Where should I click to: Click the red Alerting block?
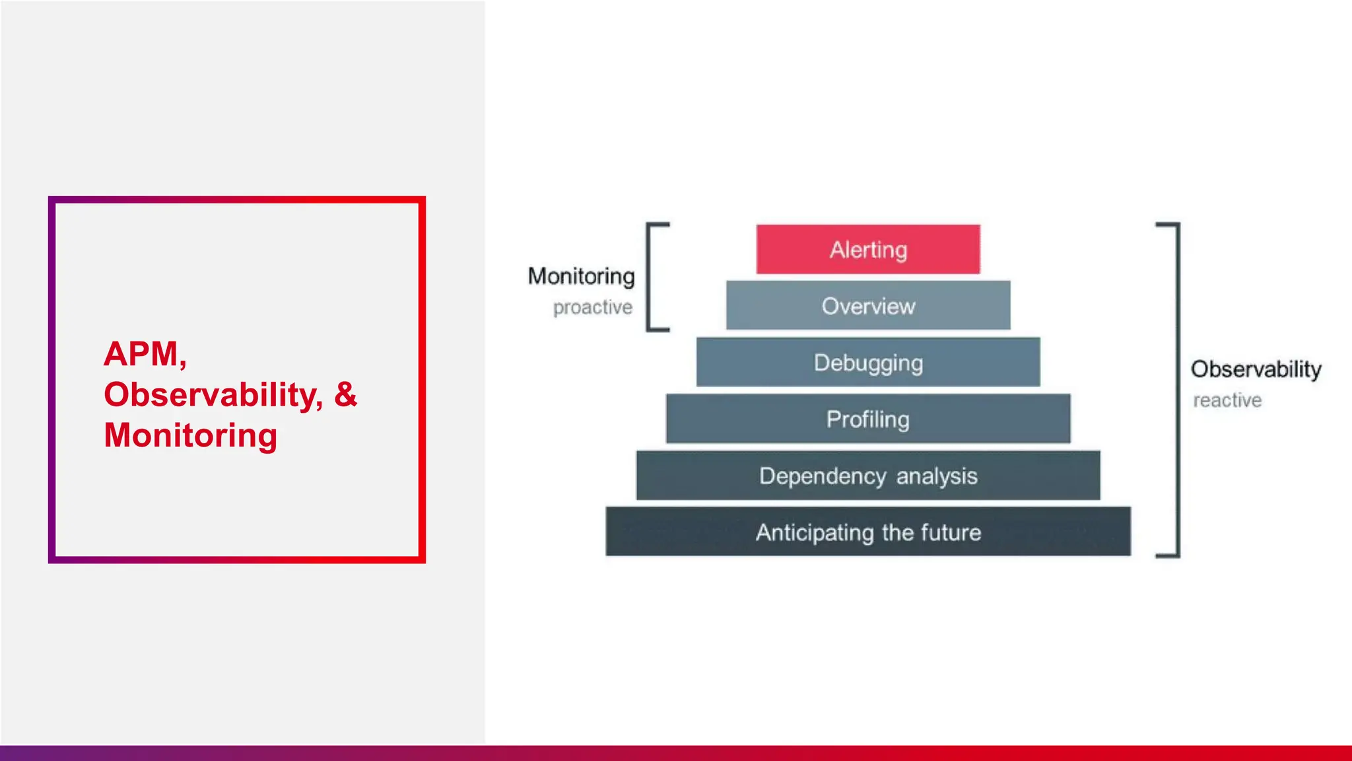click(868, 249)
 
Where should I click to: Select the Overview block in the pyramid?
click(868, 305)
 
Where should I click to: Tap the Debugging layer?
click(868, 362)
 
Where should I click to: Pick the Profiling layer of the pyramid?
click(868, 419)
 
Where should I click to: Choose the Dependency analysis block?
click(868, 476)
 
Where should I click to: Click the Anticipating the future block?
click(868, 532)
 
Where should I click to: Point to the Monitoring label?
click(581, 276)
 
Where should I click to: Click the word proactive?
click(592, 307)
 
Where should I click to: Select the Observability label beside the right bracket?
click(1256, 369)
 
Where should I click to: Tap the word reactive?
click(1227, 400)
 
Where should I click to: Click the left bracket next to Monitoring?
click(650, 277)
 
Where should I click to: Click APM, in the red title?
click(145, 353)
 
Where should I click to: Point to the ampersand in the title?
click(345, 394)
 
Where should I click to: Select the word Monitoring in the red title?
click(190, 435)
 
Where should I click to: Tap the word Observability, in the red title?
click(213, 394)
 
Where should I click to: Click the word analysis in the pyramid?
click(937, 476)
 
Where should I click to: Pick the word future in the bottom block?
click(951, 532)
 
